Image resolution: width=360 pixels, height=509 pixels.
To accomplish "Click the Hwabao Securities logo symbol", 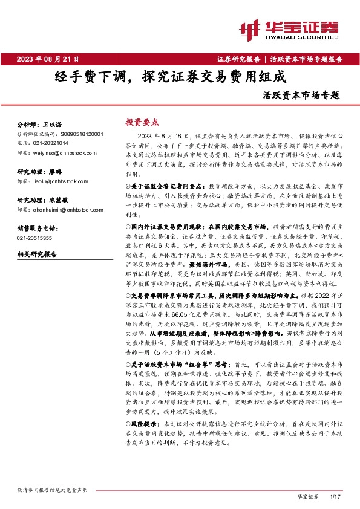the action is [249, 29].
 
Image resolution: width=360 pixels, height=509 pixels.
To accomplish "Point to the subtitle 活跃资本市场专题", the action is [302, 95].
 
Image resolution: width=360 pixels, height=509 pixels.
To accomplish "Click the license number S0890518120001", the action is [82, 134].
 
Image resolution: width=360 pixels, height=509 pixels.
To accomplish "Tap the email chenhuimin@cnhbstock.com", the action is [63, 209].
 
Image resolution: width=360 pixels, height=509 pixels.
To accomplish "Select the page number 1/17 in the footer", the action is [337, 496].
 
